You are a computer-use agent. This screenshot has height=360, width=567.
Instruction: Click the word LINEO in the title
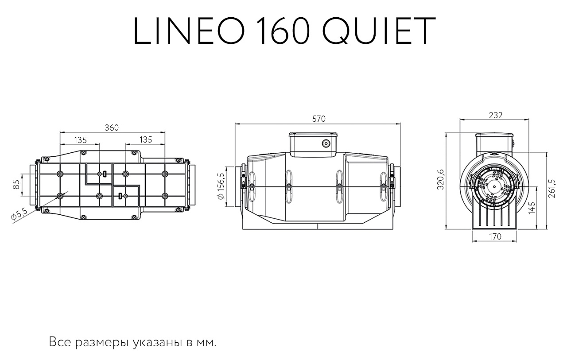click(189, 31)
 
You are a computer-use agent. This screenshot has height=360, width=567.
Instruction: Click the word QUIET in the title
click(379, 31)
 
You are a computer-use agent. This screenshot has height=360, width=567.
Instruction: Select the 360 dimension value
click(112, 128)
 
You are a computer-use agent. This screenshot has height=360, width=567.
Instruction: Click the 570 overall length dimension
click(318, 119)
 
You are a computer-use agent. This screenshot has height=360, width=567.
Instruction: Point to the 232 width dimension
click(495, 116)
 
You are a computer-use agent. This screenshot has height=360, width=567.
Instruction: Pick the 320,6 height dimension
click(441, 179)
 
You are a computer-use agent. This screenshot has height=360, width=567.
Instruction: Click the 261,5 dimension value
click(551, 189)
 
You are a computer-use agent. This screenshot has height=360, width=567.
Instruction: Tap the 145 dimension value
click(532, 208)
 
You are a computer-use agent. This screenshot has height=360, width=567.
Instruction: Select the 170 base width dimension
click(495, 236)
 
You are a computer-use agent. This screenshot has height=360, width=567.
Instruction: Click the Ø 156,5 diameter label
click(221, 186)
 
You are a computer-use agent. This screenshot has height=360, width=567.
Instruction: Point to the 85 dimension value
click(16, 184)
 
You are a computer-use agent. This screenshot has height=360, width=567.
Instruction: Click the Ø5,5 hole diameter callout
click(19, 214)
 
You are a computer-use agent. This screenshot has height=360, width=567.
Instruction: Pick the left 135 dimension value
click(81, 140)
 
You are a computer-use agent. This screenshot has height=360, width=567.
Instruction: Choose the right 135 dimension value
click(146, 139)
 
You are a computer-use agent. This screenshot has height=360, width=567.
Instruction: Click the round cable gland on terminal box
click(326, 144)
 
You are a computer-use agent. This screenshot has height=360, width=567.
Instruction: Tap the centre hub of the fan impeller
click(494, 187)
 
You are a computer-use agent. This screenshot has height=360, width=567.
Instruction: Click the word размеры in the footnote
click(102, 343)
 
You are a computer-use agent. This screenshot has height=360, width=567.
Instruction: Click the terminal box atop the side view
click(313, 144)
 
